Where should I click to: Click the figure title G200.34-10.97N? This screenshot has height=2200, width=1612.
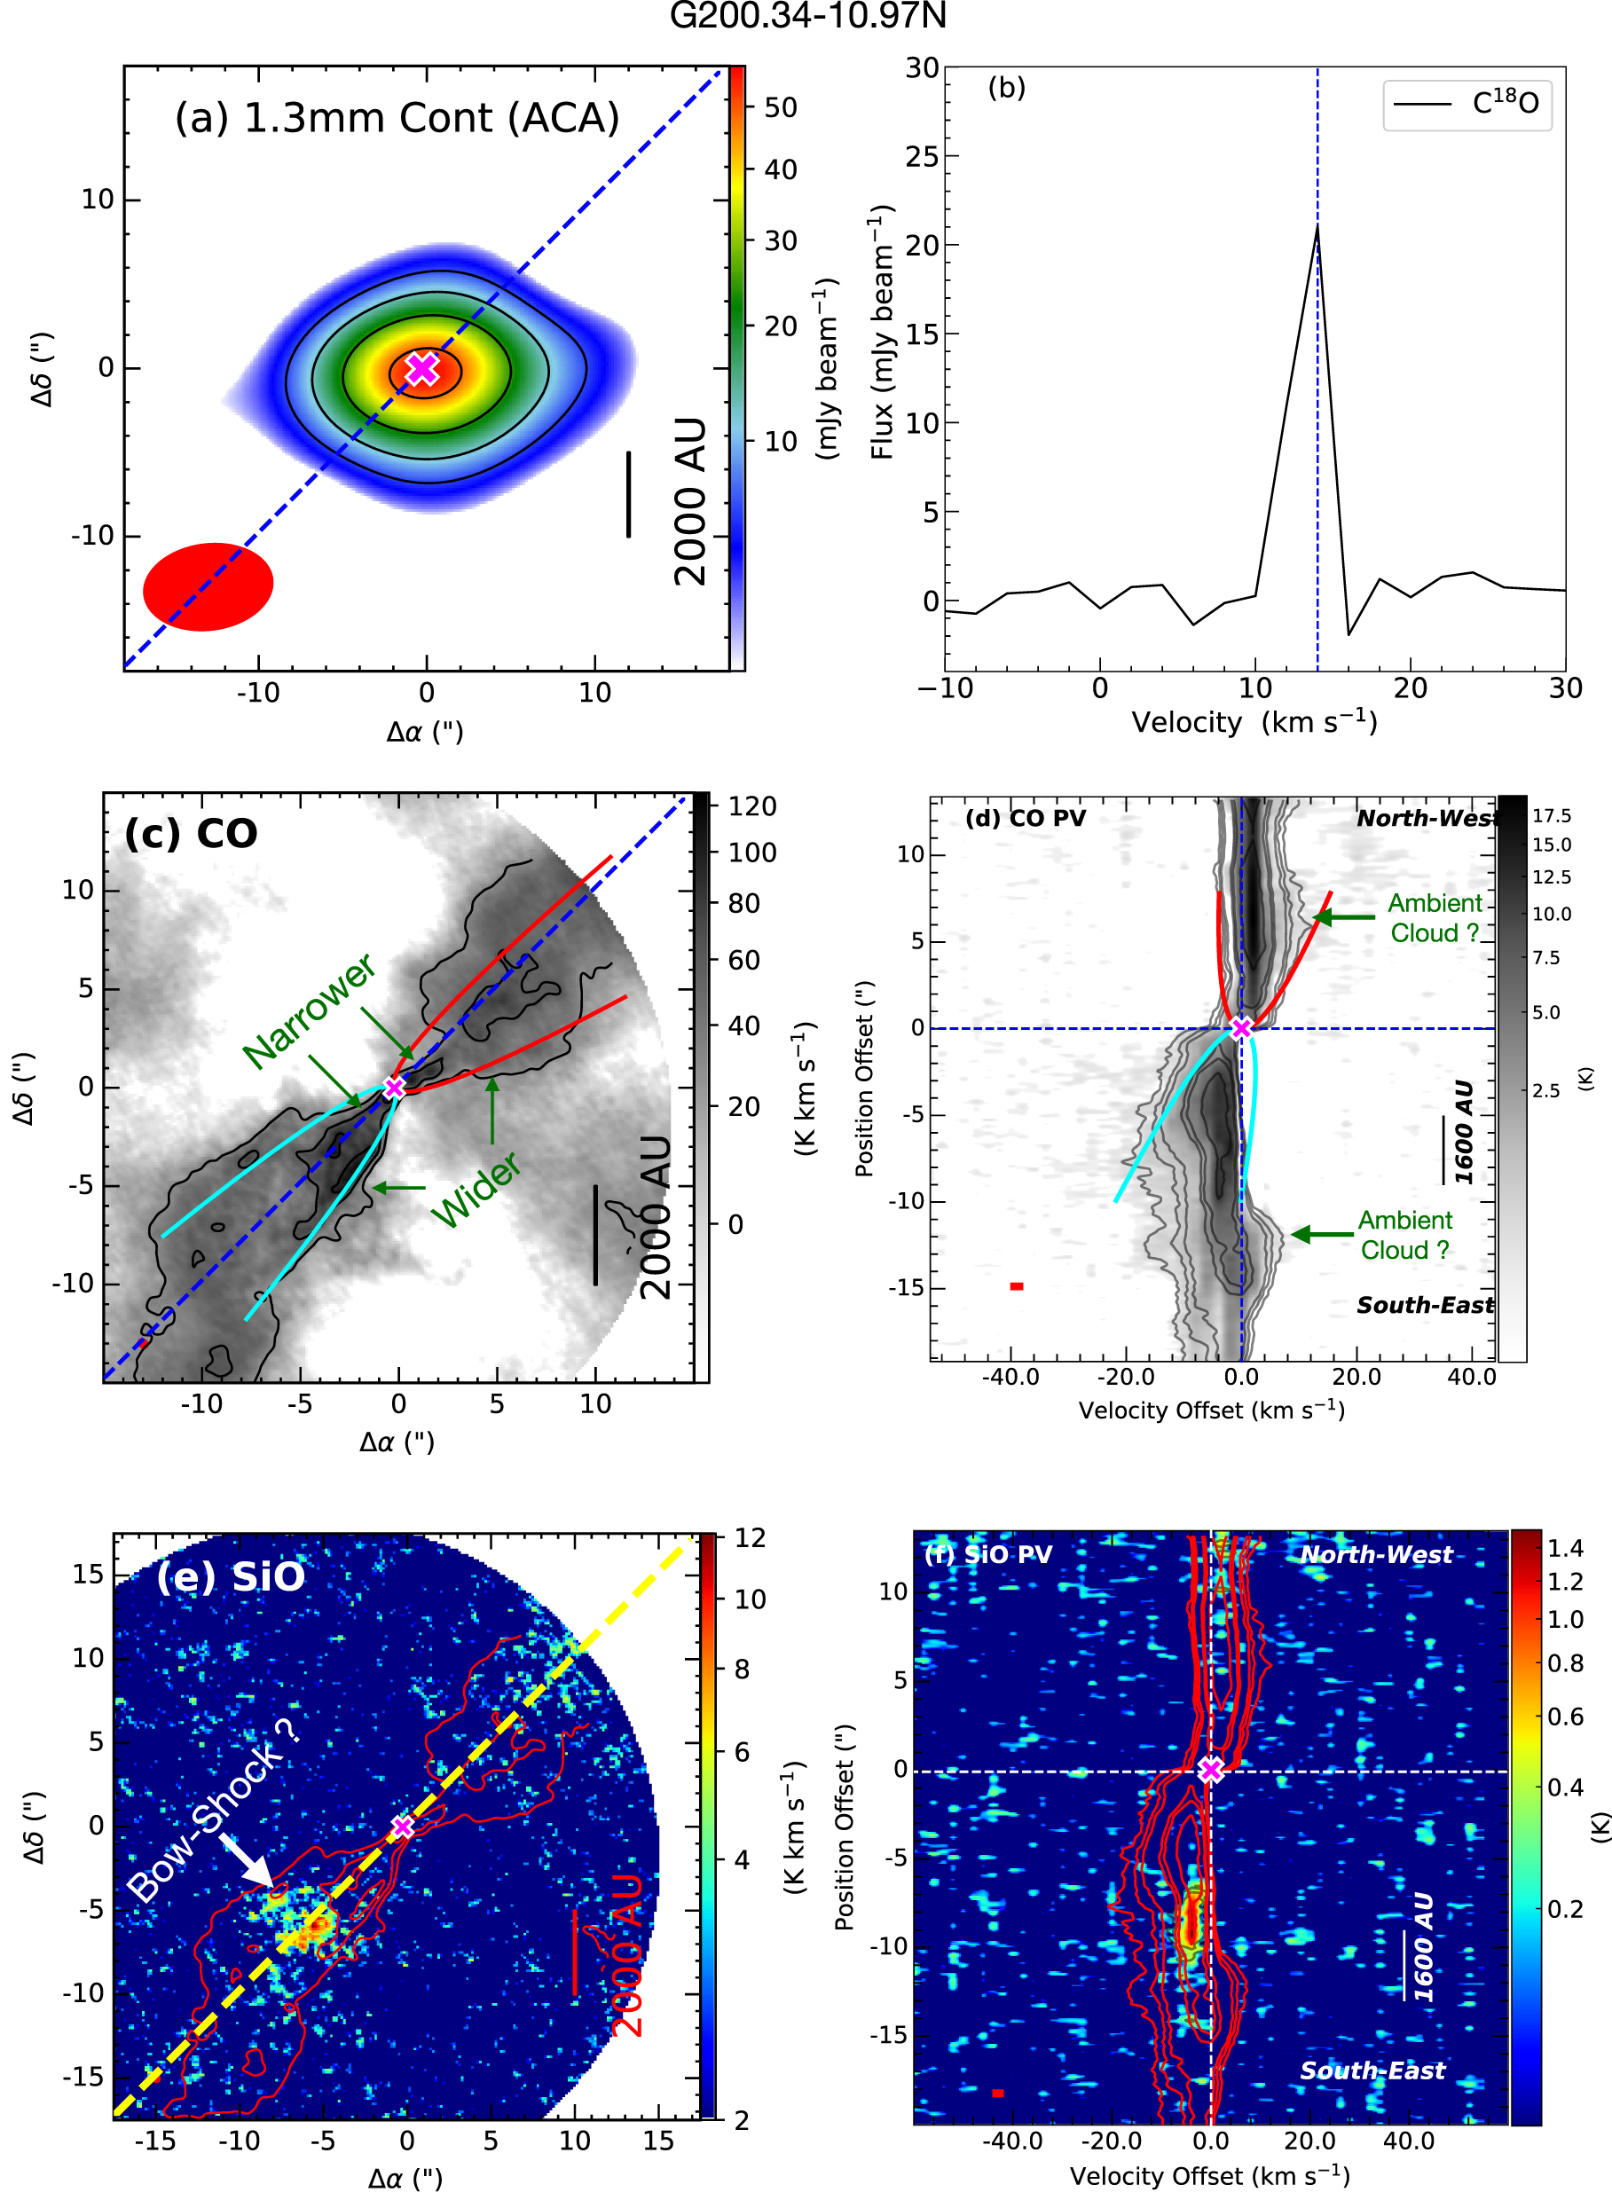pyautogui.click(x=807, y=17)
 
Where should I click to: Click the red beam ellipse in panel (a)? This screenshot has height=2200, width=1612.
pyautogui.click(x=208, y=586)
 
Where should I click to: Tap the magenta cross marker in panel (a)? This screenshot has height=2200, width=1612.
pyautogui.click(x=422, y=369)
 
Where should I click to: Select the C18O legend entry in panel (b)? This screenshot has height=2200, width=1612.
pyautogui.click(x=1467, y=104)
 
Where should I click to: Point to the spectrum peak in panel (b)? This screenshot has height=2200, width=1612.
pyautogui.click(x=1317, y=227)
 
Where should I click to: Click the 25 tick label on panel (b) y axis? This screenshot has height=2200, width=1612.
pyautogui.click(x=921, y=156)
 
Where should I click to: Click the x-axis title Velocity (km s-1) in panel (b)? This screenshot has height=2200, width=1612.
pyautogui.click(x=1254, y=723)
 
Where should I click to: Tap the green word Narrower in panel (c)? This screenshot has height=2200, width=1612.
pyautogui.click(x=309, y=1010)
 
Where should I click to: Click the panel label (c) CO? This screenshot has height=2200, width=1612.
pyautogui.click(x=192, y=833)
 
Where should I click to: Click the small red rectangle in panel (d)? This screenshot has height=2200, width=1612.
pyautogui.click(x=1017, y=1286)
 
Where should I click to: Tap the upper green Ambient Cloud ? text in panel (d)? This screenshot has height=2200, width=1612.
pyautogui.click(x=1435, y=918)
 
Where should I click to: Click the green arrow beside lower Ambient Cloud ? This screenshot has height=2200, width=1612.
pyautogui.click(x=1321, y=1234)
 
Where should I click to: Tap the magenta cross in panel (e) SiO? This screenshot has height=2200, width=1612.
pyautogui.click(x=403, y=1827)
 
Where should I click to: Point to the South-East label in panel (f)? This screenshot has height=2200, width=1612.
pyautogui.click(x=1372, y=2070)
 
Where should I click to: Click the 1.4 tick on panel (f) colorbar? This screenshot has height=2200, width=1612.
pyautogui.click(x=1565, y=1548)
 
